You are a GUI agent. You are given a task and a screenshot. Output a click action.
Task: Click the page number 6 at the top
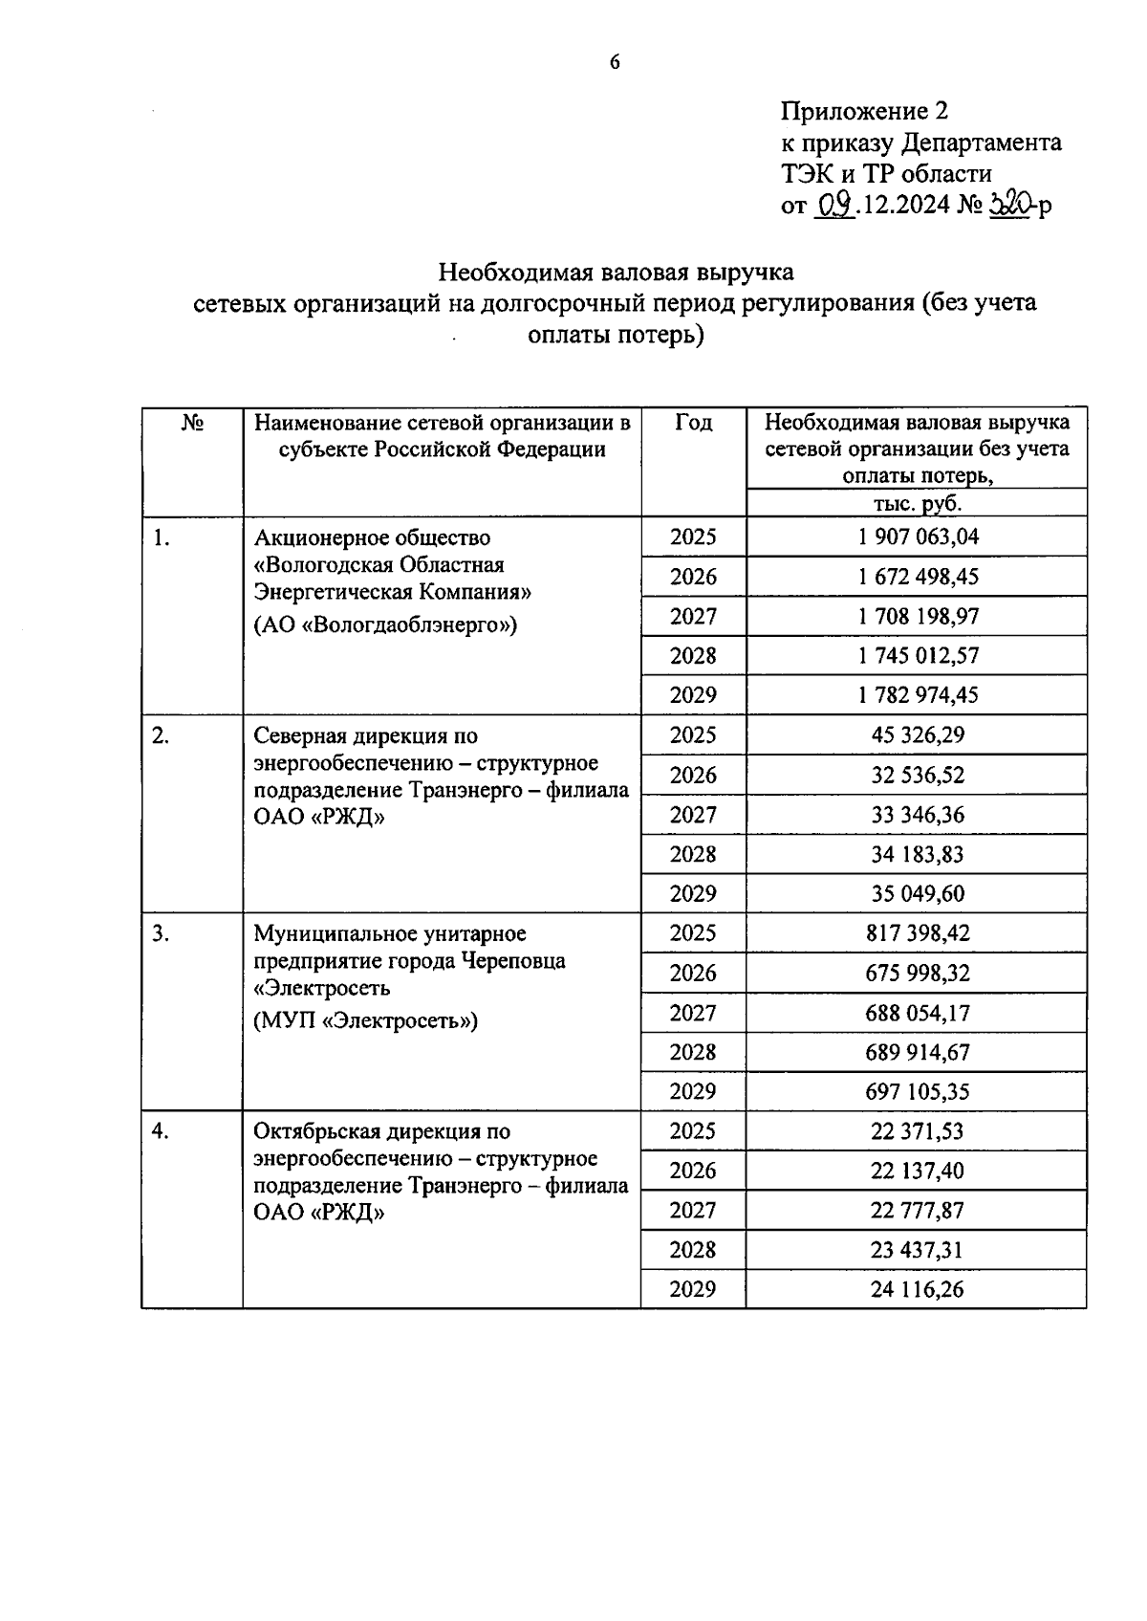coord(615,63)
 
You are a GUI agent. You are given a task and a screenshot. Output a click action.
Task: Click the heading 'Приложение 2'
coord(864,112)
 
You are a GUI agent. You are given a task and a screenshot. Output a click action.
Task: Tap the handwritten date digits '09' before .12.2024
coord(833,204)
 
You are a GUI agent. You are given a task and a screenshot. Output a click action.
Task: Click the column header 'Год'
coord(693,423)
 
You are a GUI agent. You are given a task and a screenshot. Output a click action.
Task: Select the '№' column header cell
coord(192,423)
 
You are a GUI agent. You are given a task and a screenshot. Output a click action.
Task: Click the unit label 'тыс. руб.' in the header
coord(917,503)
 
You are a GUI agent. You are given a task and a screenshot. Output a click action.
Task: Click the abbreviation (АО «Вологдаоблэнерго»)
coord(385,625)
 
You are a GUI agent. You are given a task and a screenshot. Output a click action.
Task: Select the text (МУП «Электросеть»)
coord(365,1020)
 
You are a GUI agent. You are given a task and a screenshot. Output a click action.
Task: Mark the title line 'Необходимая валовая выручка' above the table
coord(616,273)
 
